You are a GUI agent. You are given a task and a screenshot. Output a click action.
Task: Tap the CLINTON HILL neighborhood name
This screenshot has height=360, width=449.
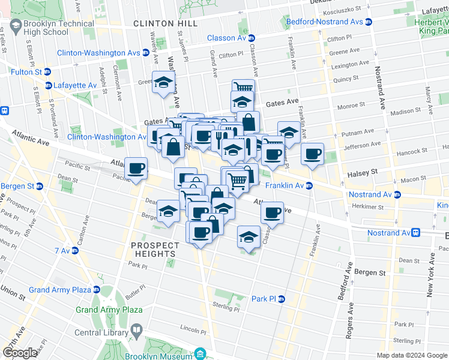click(157, 23)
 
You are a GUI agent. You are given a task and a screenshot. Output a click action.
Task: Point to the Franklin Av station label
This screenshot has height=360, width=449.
click(286, 186)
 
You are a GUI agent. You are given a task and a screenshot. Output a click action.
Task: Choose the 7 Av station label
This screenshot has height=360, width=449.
click(62, 250)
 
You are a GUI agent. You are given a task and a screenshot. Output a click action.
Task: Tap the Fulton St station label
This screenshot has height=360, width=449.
click(26, 72)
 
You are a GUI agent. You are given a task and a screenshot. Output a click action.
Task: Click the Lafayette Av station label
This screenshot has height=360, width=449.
click(75, 85)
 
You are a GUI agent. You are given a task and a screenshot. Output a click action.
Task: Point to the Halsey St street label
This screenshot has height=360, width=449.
click(362, 173)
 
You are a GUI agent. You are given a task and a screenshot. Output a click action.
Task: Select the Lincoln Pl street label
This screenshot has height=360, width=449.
click(193, 329)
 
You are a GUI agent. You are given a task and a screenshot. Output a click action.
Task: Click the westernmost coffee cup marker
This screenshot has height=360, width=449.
click(136, 169)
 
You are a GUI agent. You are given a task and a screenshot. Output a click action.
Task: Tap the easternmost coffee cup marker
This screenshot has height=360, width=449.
click(312, 154)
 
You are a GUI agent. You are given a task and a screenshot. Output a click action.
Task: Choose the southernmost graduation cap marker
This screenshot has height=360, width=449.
click(248, 236)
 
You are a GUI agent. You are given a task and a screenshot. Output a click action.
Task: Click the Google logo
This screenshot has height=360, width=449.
click(20, 353)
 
